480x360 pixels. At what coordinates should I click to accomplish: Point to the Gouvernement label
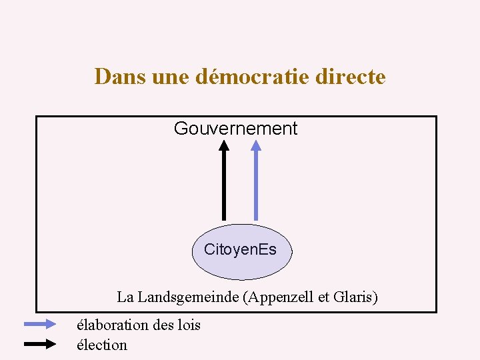click(235, 129)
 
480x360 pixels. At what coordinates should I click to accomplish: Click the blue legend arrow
click(41, 325)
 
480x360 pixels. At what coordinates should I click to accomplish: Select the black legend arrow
click(41, 345)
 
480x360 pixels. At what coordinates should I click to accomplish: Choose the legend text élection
click(102, 345)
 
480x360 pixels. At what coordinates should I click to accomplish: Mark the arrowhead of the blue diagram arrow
click(256, 145)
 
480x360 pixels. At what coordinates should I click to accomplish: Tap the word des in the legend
click(163, 325)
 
